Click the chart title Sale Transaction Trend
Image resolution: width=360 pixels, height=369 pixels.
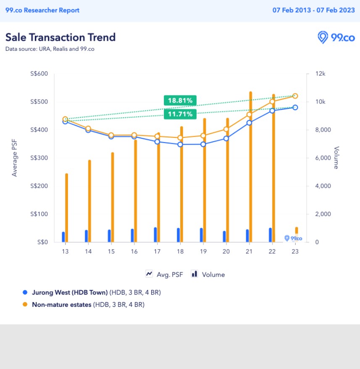60,37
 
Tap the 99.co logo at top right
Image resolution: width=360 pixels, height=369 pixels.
336,37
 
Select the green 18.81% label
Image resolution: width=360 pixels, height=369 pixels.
180,100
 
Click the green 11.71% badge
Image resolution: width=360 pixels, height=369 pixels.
180,114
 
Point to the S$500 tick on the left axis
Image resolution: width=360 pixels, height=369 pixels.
39,102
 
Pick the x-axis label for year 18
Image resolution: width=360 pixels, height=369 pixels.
180,251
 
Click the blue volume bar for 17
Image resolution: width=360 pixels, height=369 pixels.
155,235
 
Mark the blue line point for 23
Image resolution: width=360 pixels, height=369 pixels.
295,108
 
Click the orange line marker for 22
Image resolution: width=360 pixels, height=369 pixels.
272,101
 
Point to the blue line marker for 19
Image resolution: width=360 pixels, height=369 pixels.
203,144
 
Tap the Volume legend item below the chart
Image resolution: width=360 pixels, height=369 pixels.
208,274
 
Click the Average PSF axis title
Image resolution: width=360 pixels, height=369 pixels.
15,158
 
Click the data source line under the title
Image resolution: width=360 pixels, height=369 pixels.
50,49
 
